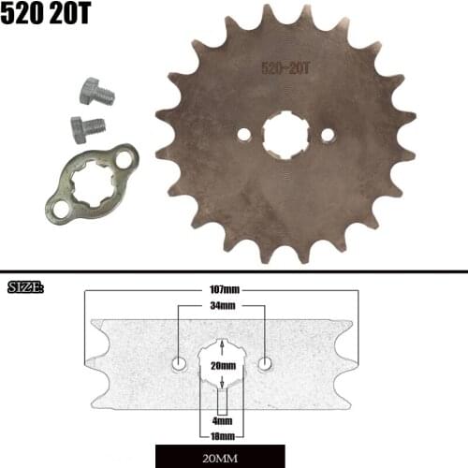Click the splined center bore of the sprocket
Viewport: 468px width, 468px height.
[x=285, y=135]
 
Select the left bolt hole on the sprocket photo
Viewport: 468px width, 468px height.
[x=244, y=135]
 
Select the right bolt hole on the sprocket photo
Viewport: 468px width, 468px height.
[x=328, y=135]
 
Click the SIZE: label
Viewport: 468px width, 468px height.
[x=25, y=286]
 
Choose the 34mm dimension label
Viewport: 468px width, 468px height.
[x=222, y=305]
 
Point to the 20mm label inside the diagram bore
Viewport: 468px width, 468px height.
[x=222, y=365]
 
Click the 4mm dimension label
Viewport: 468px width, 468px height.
[x=222, y=421]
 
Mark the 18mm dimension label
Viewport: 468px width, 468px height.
[x=222, y=436]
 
